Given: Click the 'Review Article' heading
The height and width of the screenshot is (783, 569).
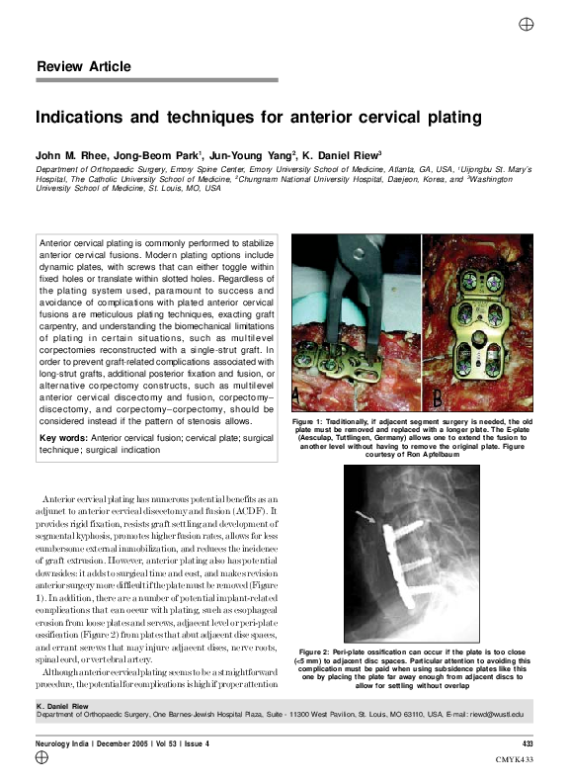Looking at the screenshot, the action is coord(83,67).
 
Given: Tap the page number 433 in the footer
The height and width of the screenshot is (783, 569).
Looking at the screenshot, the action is coord(528,742).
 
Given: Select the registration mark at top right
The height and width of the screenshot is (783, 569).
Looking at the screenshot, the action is coord(528,23).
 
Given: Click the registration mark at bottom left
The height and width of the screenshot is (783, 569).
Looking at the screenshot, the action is coord(41,757).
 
